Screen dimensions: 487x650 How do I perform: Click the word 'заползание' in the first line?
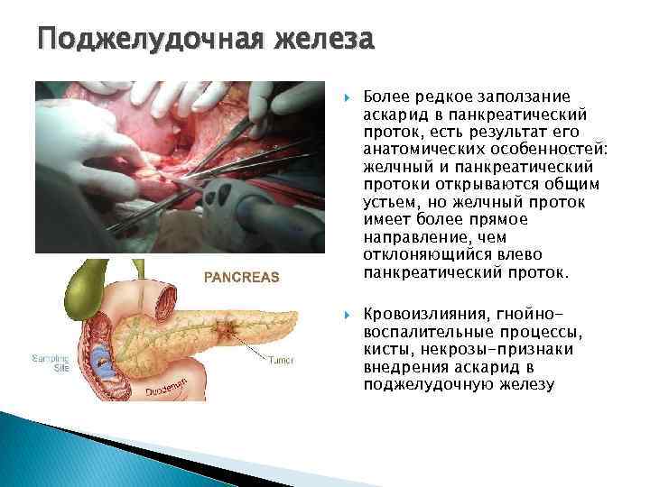[513, 97]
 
